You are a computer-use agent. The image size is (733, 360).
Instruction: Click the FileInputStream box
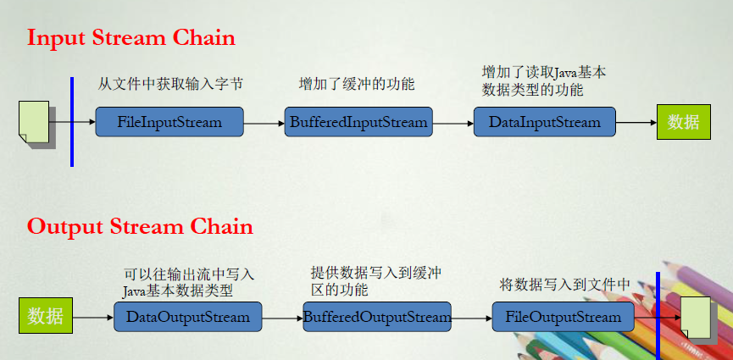pos(169,122)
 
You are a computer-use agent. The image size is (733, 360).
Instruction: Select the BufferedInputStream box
pos(358,122)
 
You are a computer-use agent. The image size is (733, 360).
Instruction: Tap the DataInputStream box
pos(545,122)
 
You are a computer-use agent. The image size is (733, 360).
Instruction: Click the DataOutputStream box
pos(188,317)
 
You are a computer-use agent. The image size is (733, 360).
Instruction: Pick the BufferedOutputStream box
pos(377,317)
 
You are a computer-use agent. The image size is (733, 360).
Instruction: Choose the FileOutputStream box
pos(564,317)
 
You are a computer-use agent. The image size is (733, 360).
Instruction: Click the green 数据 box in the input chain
pos(684,122)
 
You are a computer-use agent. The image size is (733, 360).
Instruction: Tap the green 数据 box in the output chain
pos(46,316)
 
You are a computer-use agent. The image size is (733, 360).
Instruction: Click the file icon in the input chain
pos(36,124)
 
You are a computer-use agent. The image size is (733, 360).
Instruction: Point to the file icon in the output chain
pos(698,320)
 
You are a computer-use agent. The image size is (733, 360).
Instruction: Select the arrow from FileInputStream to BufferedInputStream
pos(264,124)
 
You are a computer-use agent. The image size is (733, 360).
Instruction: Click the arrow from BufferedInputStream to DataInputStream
pos(453,124)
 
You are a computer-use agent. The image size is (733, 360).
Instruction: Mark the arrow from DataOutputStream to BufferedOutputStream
pos(283,318)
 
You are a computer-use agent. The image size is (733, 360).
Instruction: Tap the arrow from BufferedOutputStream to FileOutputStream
pos(472,318)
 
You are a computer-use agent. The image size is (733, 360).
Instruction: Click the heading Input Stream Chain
pos(130,38)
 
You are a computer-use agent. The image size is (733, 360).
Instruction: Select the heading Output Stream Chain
pos(140,227)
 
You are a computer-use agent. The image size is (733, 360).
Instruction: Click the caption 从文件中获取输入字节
pos(170,84)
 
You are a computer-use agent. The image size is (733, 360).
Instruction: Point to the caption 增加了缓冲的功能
pos(357,84)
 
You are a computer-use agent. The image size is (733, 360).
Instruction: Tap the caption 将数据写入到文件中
pos(565,284)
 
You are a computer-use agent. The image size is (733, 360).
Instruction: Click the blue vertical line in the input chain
pos(72,122)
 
